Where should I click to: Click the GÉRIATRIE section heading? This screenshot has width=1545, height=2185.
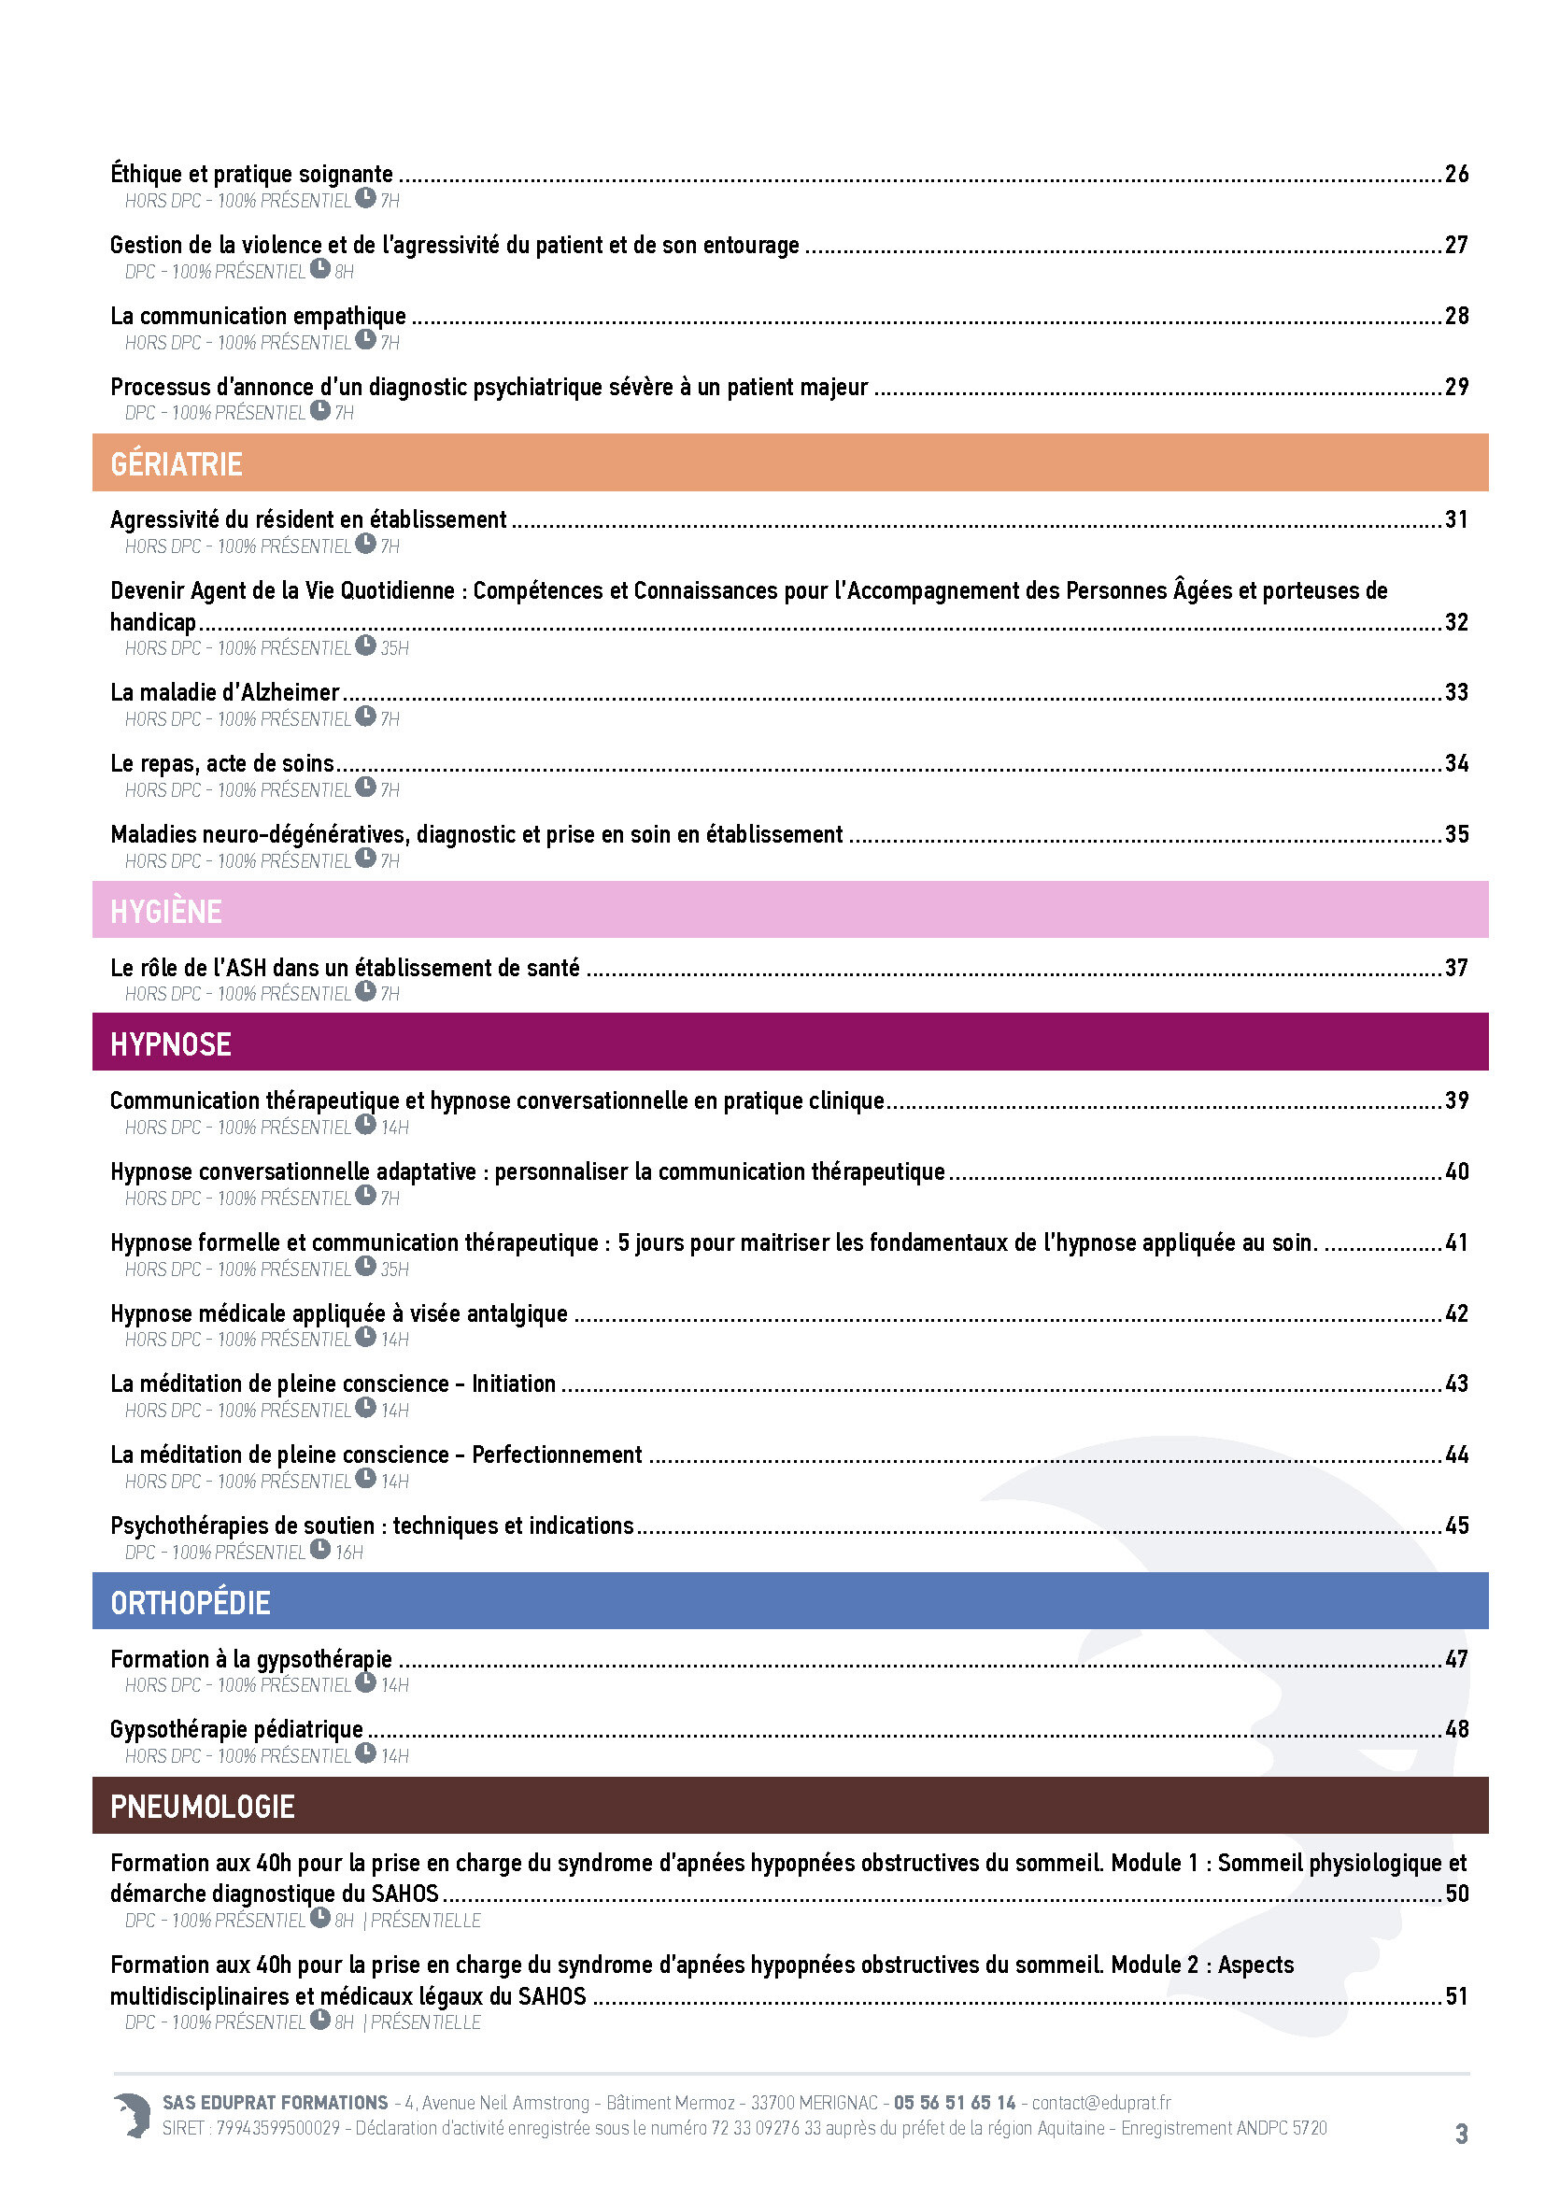click(x=176, y=463)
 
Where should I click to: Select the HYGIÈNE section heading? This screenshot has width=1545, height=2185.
click(x=165, y=911)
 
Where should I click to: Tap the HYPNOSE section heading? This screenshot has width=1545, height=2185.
click(x=170, y=1044)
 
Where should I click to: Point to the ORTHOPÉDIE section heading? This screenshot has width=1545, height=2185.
click(x=191, y=1603)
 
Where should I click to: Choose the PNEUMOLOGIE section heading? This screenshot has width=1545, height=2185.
click(x=202, y=1807)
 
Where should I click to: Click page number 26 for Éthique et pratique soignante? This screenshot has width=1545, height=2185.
click(x=1456, y=174)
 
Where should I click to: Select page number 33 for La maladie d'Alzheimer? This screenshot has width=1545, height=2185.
click(x=1456, y=693)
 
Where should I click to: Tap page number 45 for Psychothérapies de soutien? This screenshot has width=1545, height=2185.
click(x=1456, y=1525)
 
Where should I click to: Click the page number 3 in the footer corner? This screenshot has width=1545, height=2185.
click(x=1461, y=2134)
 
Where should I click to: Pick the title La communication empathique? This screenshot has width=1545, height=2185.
click(x=258, y=316)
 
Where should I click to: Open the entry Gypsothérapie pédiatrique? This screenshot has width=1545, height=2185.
click(x=236, y=1729)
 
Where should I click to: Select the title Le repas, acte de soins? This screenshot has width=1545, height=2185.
click(x=221, y=763)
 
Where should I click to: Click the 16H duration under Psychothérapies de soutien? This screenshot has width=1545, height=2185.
click(x=349, y=1553)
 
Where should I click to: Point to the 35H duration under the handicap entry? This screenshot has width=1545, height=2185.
click(x=395, y=648)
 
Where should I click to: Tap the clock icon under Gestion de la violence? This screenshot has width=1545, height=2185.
click(x=320, y=268)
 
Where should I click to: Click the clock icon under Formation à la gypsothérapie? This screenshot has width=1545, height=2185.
click(x=366, y=1682)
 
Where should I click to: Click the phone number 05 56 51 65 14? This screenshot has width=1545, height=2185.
click(x=955, y=2102)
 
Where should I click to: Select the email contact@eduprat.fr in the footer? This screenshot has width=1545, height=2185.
click(x=1100, y=2102)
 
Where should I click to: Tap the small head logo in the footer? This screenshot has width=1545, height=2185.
click(x=133, y=2116)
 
